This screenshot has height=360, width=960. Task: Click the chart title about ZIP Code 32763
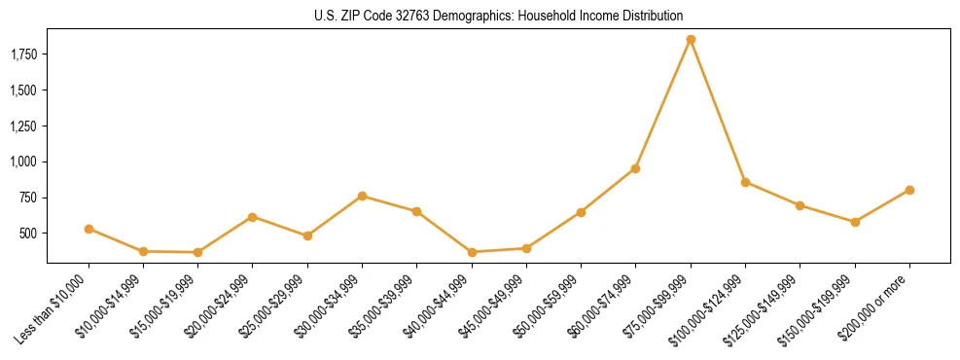(498, 16)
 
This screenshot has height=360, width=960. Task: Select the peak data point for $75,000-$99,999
(691, 40)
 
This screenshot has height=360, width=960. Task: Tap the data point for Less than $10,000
(89, 229)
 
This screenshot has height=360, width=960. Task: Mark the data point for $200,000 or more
(909, 190)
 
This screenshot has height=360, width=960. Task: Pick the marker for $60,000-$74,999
(635, 168)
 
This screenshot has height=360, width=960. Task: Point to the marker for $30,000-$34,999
(362, 196)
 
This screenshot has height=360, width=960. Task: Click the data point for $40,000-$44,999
(472, 252)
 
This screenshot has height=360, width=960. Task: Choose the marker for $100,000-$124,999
(745, 182)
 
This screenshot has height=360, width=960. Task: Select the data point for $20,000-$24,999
(253, 217)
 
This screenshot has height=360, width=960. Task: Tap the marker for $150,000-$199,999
(855, 222)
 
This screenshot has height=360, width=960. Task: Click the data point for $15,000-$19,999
(198, 252)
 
